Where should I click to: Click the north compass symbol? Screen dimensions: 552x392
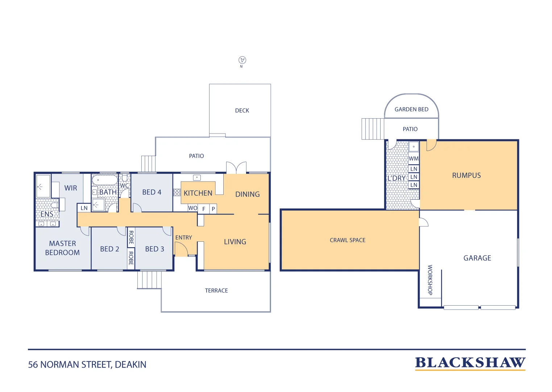[242, 60]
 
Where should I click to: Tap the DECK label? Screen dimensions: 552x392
[242, 110]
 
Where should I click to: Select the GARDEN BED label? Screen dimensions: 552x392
[411, 109]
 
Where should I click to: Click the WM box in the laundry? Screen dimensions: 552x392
[414, 159]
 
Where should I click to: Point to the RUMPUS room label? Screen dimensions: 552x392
[466, 175]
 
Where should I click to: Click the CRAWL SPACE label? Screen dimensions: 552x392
[348, 240]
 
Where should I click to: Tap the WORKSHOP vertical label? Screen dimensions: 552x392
[430, 280]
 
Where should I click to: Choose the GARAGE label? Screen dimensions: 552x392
[477, 258]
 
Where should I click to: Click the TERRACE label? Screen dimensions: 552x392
[216, 290]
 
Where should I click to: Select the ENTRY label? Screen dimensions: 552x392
[184, 237]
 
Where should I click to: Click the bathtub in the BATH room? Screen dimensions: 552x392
[105, 180]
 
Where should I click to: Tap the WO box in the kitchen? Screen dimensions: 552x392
[192, 208]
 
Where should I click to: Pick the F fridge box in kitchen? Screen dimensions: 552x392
[204, 209]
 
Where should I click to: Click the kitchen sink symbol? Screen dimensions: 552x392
[197, 177]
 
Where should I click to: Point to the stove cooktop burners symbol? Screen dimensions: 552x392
[177, 192]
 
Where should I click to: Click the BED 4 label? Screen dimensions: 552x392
[152, 192]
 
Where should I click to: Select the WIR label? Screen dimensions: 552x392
[71, 188]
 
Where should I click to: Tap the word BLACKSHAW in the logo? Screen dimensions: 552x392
[470, 363]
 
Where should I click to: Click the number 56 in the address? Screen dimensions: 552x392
[33, 365]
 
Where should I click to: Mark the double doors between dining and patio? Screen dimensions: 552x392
[236, 168]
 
